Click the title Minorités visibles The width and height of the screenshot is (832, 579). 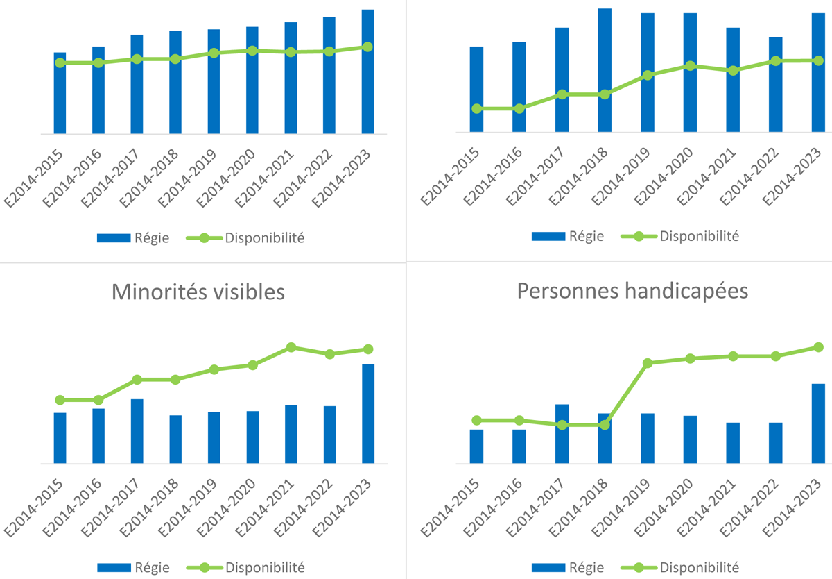point(198,292)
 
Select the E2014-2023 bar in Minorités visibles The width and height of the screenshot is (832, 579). point(368,414)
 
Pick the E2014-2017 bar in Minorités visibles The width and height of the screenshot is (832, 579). point(137,431)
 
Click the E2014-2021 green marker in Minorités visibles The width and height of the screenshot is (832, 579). point(291,347)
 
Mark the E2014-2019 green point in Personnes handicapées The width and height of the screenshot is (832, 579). point(648,363)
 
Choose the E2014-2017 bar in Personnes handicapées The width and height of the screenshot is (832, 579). point(562,434)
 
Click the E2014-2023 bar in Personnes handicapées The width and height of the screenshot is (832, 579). point(818,423)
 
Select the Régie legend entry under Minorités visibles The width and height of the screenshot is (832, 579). point(132,567)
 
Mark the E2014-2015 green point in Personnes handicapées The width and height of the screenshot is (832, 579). point(476,420)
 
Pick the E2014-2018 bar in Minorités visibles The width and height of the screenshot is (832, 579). point(176,439)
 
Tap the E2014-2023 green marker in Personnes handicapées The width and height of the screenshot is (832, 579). point(818,346)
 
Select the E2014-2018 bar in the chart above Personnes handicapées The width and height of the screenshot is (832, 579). point(605,70)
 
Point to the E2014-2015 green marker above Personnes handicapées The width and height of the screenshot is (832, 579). point(476,108)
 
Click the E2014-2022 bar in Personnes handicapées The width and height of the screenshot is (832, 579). point(776,443)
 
